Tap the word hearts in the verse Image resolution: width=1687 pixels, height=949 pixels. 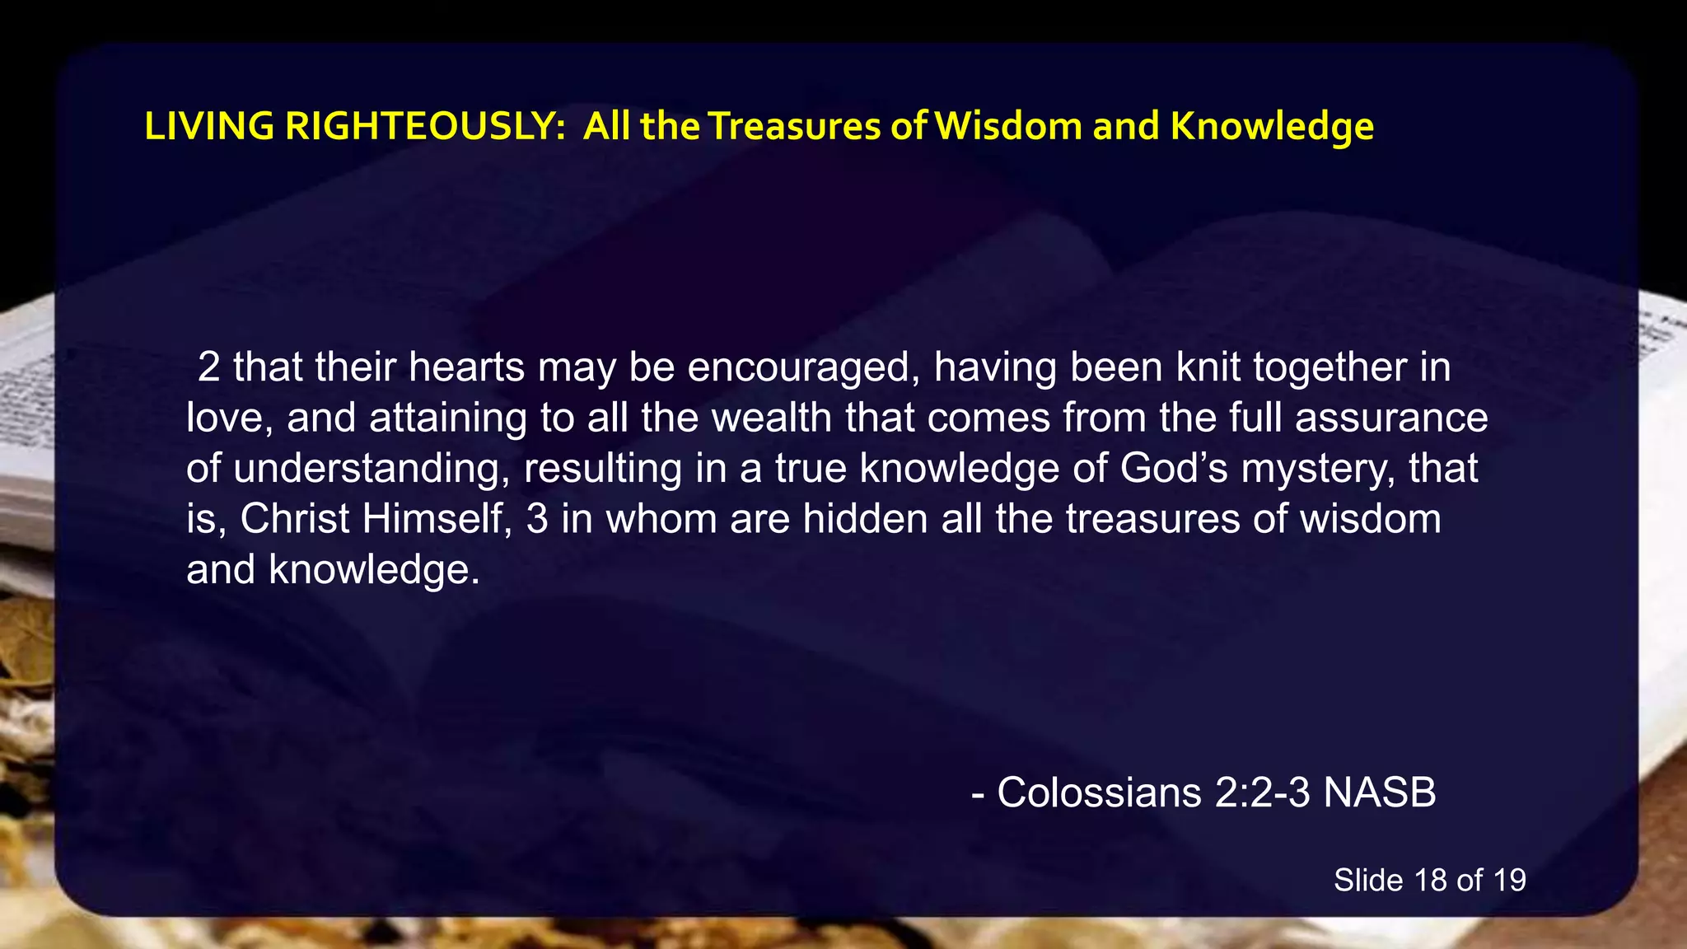(466, 367)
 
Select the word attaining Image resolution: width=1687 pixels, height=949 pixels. (447, 418)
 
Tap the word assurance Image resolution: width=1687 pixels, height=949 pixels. (1391, 418)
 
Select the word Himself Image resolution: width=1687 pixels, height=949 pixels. (434, 519)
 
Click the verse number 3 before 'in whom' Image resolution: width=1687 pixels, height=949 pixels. (537, 519)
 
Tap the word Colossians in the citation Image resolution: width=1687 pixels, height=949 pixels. (1099, 792)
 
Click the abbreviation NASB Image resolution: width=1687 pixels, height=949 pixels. (1380, 792)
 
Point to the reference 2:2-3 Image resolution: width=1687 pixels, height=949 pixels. (1262, 792)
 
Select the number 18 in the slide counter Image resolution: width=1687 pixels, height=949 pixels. (1431, 880)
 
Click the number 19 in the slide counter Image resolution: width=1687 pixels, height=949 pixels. (1509, 880)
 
